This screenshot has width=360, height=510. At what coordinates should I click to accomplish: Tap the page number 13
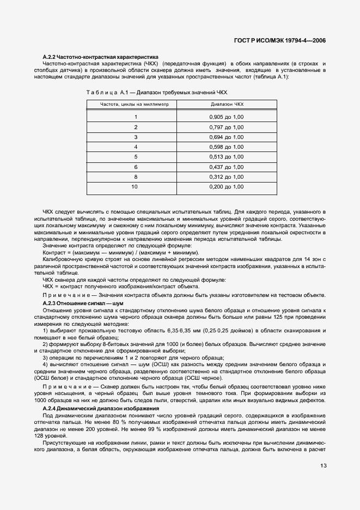click(323, 465)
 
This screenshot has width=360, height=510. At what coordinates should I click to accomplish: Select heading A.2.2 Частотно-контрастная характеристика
click(100, 57)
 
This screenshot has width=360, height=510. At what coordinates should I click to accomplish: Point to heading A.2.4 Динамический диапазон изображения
click(101, 408)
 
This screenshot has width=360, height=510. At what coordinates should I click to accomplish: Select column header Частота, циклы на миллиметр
click(135, 104)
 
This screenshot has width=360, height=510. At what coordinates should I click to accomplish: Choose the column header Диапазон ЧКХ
click(227, 104)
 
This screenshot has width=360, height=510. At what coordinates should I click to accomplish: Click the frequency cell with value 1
click(135, 117)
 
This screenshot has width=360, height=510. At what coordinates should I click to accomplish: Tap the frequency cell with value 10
click(135, 187)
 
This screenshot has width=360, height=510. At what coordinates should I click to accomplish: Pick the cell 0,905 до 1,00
click(227, 117)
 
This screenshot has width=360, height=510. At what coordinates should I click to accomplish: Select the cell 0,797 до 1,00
click(227, 127)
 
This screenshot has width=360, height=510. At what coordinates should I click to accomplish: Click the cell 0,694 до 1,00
click(227, 137)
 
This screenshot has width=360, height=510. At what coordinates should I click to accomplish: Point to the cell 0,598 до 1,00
click(227, 147)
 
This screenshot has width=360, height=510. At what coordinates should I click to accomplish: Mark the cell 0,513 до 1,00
click(227, 157)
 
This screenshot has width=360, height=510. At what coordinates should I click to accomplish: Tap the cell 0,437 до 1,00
click(227, 167)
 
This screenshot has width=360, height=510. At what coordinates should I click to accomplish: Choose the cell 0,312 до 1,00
click(227, 177)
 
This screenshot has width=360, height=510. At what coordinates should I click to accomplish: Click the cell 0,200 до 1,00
click(227, 187)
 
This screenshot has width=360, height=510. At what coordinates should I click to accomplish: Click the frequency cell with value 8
click(135, 177)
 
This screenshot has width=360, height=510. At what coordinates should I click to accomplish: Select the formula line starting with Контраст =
click(120, 253)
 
